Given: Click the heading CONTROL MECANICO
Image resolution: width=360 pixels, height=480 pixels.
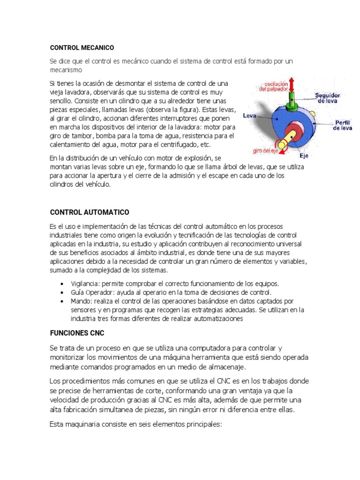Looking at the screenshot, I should tap(82, 48).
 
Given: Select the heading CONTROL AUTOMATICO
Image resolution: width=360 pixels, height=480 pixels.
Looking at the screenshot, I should tap(90, 212).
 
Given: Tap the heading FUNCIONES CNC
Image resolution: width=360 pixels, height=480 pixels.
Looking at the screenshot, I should tap(77, 333).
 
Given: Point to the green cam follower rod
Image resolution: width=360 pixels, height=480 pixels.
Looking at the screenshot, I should tap(292, 101).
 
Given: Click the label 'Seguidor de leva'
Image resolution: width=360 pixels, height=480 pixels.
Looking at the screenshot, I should tap(328, 97).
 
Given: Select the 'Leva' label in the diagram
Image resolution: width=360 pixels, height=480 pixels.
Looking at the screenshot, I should tap(249, 115).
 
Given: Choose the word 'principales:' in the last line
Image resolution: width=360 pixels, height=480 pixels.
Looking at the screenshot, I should tap(201, 424).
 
